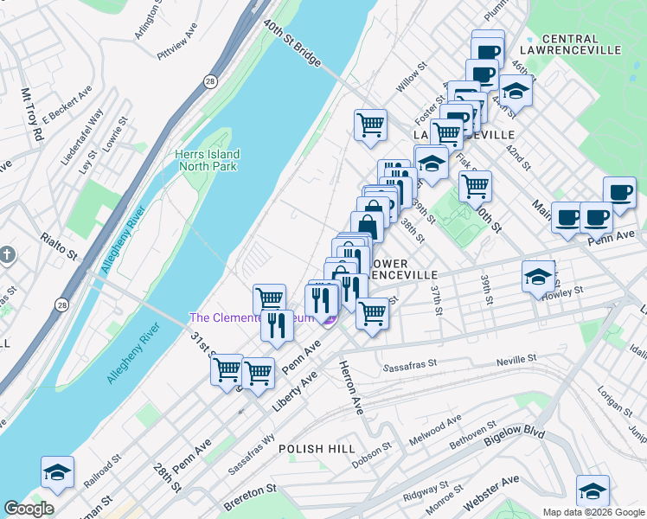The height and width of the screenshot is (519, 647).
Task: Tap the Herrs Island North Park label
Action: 208,160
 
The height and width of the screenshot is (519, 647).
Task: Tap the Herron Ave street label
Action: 352,386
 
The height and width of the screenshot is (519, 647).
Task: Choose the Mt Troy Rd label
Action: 32,115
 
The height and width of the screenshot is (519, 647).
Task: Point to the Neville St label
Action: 516,358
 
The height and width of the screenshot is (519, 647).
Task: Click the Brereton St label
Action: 251,490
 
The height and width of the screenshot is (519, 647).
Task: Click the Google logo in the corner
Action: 29,509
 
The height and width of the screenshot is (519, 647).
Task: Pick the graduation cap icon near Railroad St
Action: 57,472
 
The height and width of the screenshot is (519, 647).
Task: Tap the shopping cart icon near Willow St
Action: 370,124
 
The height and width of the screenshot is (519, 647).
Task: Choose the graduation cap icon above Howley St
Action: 538,277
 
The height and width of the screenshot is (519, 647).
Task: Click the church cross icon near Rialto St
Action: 7,254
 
